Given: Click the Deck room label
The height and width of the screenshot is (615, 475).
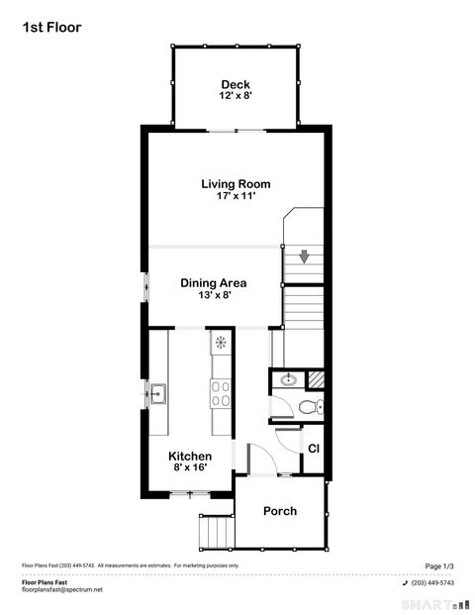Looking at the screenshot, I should [x=236, y=84].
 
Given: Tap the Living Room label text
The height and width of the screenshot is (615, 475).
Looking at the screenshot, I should [x=236, y=183].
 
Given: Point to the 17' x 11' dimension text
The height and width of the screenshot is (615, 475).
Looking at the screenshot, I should [x=236, y=196].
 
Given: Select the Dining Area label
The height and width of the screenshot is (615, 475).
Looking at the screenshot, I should [x=213, y=282].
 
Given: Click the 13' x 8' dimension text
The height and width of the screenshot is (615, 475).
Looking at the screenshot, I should [x=213, y=295].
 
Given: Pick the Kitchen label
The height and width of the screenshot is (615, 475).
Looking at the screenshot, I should [x=189, y=456].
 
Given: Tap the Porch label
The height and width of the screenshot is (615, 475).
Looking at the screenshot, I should [x=279, y=511].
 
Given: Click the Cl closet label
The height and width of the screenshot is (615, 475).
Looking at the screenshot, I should [x=313, y=448].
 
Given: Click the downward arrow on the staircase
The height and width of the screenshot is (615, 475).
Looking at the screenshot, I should [x=305, y=256].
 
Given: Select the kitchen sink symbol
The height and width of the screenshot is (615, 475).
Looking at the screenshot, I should [x=158, y=393].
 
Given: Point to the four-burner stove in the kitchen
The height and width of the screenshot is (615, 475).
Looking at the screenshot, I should [x=220, y=394].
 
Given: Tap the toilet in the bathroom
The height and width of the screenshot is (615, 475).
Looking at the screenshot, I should [x=311, y=407].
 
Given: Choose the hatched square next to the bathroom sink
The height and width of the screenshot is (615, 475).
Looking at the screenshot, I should [x=316, y=377].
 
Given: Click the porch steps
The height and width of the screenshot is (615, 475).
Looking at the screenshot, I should [x=212, y=532].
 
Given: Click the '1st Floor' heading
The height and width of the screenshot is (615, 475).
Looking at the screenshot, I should [x=51, y=28].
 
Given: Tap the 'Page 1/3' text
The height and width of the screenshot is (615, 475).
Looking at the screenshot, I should [x=439, y=565].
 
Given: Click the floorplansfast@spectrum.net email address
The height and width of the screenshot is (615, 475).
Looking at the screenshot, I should [x=62, y=590].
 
